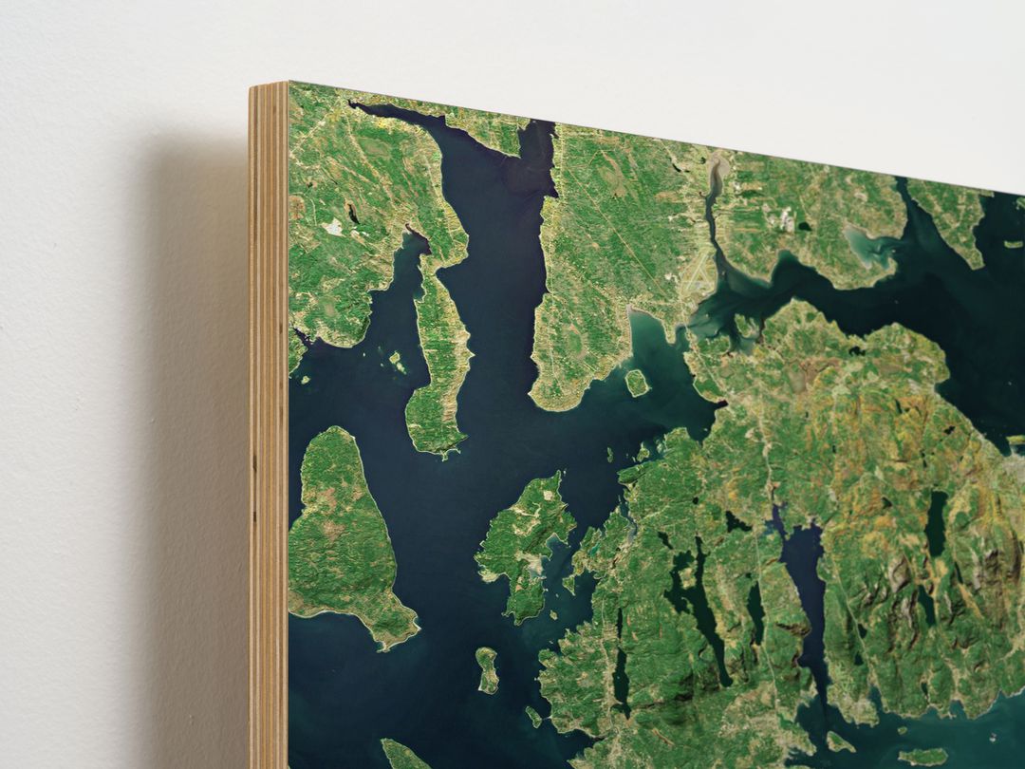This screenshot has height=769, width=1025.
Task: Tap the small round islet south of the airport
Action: pyautogui.click(x=637, y=382)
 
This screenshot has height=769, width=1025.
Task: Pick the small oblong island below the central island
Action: pyautogui.click(x=487, y=669)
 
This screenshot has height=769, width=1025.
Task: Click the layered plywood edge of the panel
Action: pyautogui.click(x=269, y=427)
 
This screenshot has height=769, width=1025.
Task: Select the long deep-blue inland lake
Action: pyautogui.click(x=806, y=589)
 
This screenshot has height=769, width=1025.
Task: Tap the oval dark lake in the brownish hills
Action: pyautogui.click(x=936, y=522)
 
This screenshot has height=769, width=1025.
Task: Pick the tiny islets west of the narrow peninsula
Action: pyautogui.click(x=395, y=361)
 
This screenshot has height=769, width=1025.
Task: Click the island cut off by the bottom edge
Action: pyautogui.click(x=403, y=756)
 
